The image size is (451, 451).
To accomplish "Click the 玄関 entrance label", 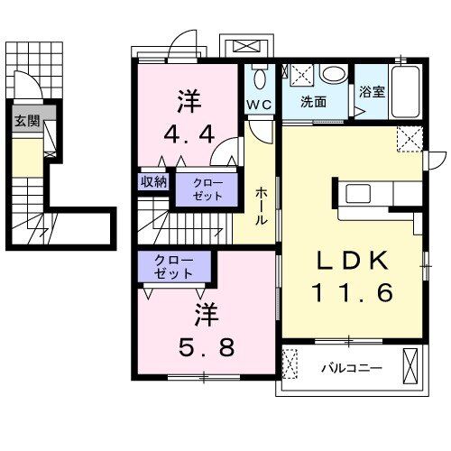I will pos(27,122).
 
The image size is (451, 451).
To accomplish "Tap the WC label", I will pos(260,105).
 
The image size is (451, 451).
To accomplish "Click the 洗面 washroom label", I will pos(313,103).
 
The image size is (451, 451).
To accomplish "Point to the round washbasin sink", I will pos(334,76).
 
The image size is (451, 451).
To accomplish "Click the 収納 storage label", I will pos(153,181).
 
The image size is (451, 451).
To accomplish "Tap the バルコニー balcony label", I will pos(352,369).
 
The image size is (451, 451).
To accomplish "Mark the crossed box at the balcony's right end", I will pos(412,368).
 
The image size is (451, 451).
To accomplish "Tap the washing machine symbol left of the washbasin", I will pos(300,76).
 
